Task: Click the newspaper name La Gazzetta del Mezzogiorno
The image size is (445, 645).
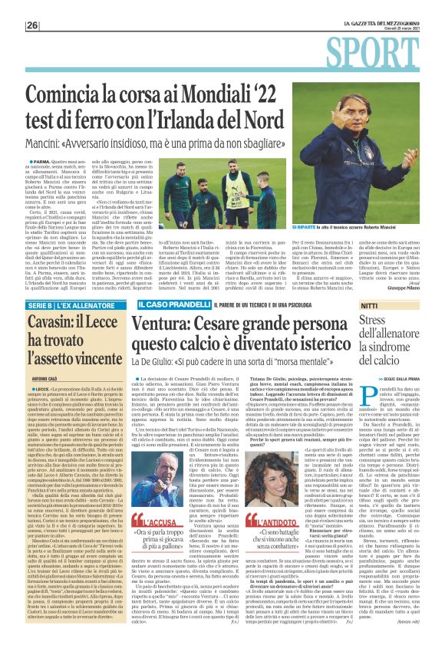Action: [384, 22]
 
